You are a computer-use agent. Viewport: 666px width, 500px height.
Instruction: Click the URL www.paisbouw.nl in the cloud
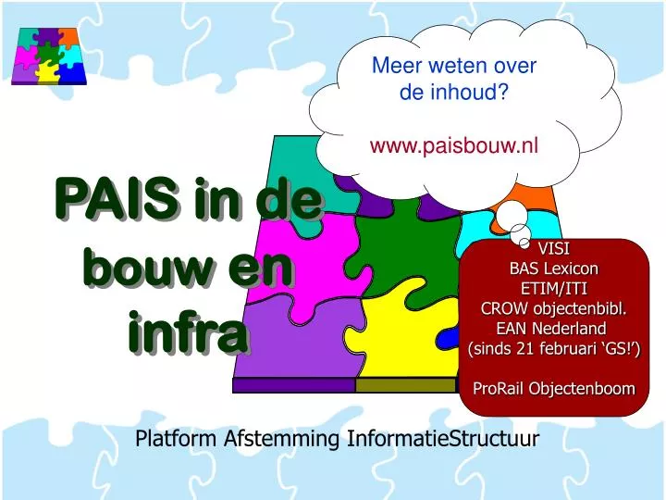[453, 145]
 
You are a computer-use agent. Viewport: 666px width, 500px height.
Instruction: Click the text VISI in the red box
[554, 249]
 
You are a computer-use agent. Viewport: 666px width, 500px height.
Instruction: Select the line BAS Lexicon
[554, 269]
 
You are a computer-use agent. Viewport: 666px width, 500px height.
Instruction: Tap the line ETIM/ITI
[554, 288]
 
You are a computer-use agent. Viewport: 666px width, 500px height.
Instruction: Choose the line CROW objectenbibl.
[554, 308]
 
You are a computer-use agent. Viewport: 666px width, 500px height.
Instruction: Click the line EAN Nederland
[554, 328]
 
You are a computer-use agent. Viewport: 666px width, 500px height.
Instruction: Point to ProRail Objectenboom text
[554, 388]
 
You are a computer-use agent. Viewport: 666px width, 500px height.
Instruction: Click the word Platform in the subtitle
[176, 438]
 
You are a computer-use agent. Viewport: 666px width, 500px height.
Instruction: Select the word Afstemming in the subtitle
[283, 438]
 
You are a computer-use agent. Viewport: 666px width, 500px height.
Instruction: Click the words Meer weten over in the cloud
[453, 66]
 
